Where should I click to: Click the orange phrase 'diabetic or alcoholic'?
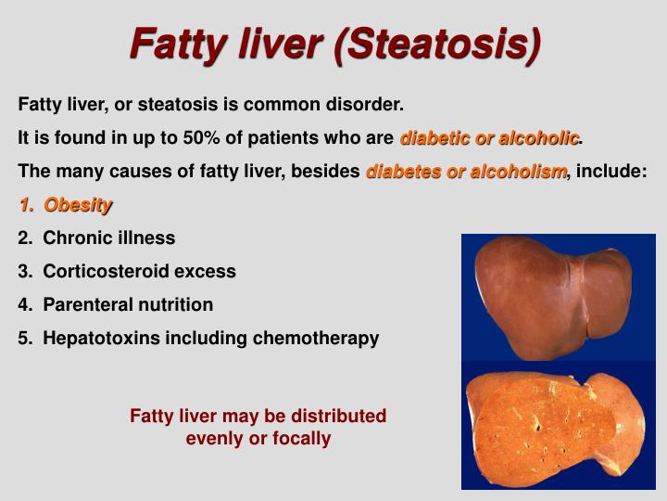coord(490,138)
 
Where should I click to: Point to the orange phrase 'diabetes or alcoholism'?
coord(466,172)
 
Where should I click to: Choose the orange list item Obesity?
coord(78,205)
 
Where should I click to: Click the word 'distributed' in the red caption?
coord(338,416)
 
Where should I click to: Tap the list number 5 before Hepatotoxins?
coord(23,338)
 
